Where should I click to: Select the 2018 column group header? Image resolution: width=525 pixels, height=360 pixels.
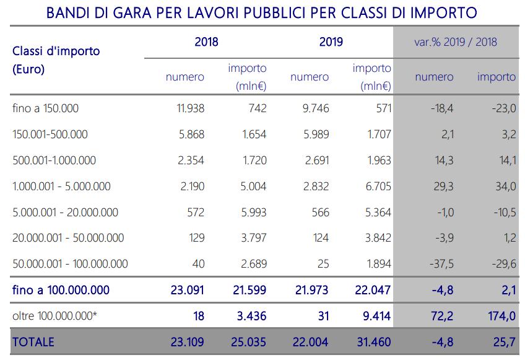coord(206,43)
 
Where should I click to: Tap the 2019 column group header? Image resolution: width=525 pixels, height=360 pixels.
coord(331,43)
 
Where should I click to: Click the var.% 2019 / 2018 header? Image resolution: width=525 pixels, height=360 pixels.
coord(456,43)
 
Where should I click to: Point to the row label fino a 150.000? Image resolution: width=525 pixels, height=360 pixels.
coord(46,108)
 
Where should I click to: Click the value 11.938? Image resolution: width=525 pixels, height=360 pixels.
coord(191,108)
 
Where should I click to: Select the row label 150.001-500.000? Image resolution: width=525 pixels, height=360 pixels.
coord(50,134)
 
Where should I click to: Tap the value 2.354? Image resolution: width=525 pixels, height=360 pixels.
coord(191,160)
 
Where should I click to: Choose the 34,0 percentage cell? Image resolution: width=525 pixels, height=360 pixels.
coord(504,187)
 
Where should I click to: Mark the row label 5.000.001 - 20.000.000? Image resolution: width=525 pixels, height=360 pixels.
coord(65,213)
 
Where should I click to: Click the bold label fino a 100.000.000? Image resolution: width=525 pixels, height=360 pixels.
coord(61,290)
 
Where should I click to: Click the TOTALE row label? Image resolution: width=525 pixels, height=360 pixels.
coord(33,342)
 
